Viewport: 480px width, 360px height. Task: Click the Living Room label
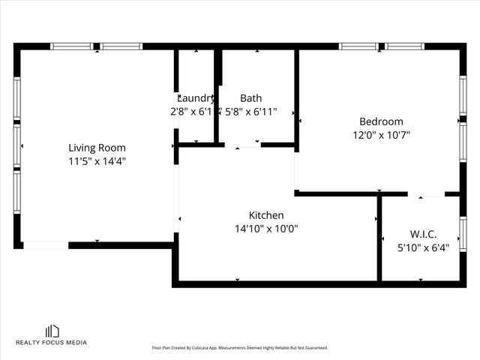pos(97,148)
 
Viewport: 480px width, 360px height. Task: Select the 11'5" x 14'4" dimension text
pos(97,161)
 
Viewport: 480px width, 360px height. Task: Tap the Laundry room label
pos(196,98)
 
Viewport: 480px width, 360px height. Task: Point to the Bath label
pos(250,98)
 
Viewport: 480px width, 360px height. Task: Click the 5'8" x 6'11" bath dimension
pos(250,112)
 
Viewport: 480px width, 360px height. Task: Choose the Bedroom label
pos(381,121)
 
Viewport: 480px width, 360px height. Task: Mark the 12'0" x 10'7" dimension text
pos(381,135)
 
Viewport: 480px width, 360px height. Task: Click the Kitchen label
pos(266,215)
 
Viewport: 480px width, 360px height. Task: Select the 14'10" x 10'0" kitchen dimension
pos(266,229)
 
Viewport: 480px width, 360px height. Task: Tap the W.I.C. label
pos(423,234)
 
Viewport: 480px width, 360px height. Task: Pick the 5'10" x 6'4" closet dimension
pos(423,247)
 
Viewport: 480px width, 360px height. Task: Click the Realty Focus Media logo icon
pos(52,331)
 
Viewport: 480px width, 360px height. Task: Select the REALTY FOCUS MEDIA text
pos(52,343)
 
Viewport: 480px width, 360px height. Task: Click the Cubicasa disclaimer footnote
pos(240,348)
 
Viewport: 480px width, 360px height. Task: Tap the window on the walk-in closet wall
pos(463,234)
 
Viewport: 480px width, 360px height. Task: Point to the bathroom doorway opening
pos(241,145)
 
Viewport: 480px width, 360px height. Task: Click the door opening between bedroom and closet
pos(426,194)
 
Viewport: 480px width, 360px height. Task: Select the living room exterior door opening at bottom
pos(46,244)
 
